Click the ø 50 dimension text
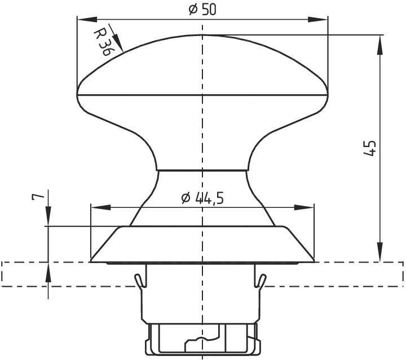click(x=202, y=9)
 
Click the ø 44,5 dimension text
click(x=202, y=198)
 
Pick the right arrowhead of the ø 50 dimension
click(x=321, y=19)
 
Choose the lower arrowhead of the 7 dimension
click(x=48, y=270)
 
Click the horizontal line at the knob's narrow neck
click(x=202, y=170)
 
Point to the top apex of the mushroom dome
click(x=202, y=35)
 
